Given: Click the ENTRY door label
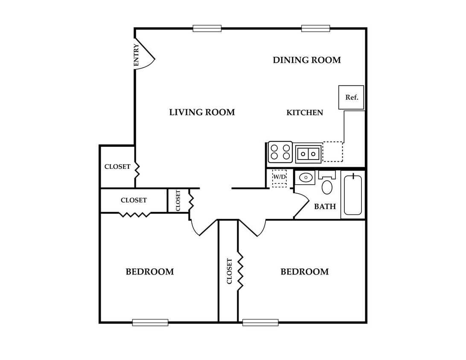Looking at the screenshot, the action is tap(136, 55).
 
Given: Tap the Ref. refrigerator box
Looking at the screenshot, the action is tap(351, 97).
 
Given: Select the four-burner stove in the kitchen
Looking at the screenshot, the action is tap(280, 152).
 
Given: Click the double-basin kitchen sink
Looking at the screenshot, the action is tap(308, 154).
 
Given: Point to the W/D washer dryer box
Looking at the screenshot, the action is tap(280, 177).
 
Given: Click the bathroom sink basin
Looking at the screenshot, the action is tap(305, 177).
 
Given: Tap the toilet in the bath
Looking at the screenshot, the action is tap(327, 183).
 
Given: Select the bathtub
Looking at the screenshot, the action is tap(353, 195).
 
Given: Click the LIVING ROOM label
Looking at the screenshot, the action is tap(202, 112).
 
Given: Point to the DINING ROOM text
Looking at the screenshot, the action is tap(307, 60).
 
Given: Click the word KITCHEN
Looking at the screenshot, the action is tap(305, 113).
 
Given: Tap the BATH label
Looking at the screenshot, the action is tap(325, 206).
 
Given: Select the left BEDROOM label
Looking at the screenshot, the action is tap(150, 272).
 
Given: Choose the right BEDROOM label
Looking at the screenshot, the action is tap(305, 272).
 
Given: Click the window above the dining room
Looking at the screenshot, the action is tap(316, 29).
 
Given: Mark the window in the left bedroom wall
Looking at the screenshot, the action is tap(150, 322).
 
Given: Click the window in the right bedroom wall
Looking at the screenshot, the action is tap(260, 322).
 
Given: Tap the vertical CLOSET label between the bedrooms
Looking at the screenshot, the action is tap(229, 271).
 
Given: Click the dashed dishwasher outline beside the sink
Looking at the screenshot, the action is tap(333, 152).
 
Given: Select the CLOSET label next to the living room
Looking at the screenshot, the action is tap(117, 167).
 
